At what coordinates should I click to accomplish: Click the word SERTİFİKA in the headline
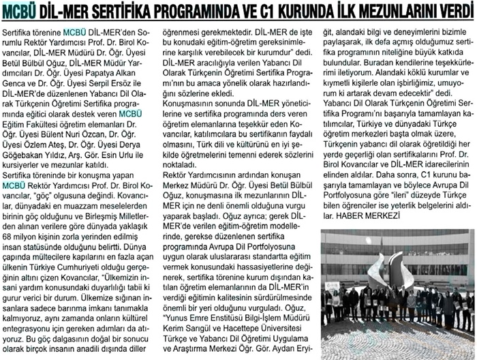pyautogui.click(x=125, y=12)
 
